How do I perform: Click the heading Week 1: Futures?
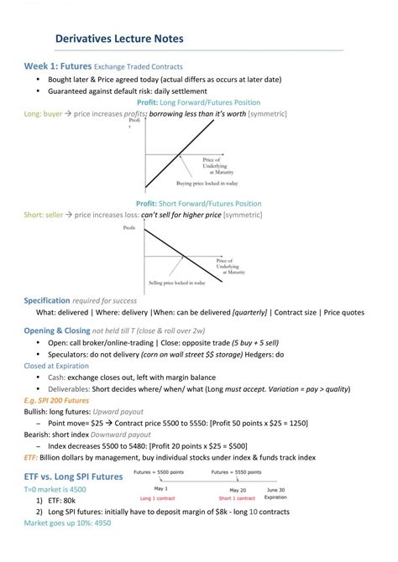click(x=57, y=65)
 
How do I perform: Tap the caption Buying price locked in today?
click(x=207, y=182)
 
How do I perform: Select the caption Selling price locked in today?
click(x=177, y=283)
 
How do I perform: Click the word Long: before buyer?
click(x=33, y=113)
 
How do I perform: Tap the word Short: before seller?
click(x=34, y=215)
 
